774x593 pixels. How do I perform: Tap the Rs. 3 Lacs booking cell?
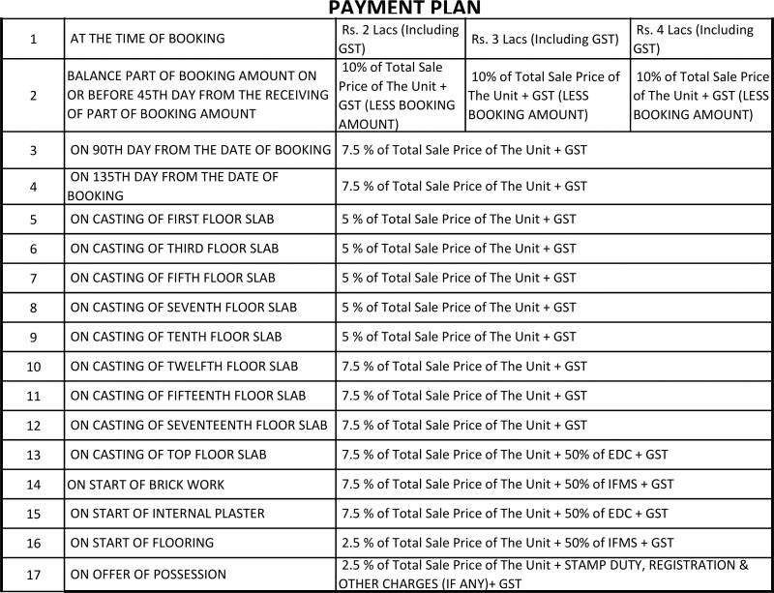click(545, 40)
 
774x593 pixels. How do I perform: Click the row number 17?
click(33, 575)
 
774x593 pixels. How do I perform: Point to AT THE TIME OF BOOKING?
click(147, 39)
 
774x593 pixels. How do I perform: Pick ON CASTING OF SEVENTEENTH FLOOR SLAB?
click(198, 426)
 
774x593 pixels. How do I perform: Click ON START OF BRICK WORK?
click(145, 485)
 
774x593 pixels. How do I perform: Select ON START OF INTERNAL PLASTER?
click(167, 514)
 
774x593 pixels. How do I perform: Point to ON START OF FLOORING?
click(142, 543)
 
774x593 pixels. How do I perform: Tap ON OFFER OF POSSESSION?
click(148, 575)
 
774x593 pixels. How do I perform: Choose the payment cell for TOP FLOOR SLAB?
click(504, 455)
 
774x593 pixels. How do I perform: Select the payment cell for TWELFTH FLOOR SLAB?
click(464, 367)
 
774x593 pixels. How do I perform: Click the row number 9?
click(33, 338)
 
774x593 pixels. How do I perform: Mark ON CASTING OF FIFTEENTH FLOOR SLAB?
click(188, 396)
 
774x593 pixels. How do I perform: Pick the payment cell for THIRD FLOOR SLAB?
click(459, 249)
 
